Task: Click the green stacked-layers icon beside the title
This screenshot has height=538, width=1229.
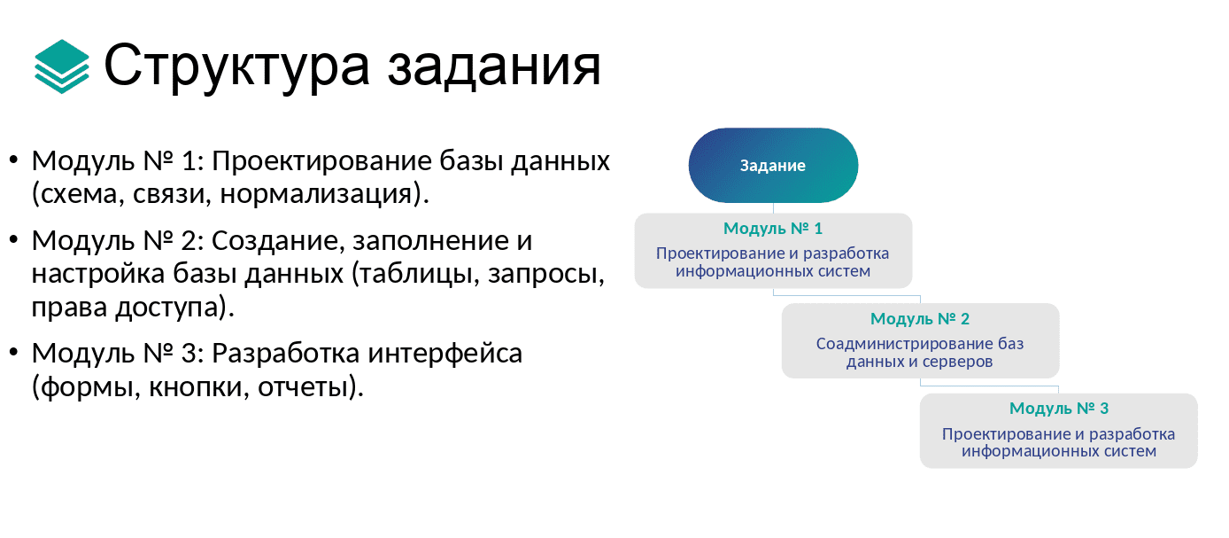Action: coord(62,66)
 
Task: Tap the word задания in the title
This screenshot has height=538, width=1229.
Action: coord(493,66)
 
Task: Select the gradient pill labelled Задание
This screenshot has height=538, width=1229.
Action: coord(773,166)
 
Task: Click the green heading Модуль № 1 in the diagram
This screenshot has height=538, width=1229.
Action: coord(773,229)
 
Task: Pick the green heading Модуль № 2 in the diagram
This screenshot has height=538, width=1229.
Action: coord(920,319)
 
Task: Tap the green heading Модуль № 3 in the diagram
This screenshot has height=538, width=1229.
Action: coord(1059,409)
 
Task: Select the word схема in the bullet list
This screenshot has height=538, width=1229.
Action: coord(78,193)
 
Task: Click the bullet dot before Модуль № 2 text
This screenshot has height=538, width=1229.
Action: coord(13,241)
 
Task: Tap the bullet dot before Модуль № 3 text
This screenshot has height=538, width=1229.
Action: coord(13,354)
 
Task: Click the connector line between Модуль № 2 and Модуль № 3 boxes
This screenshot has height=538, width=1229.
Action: coord(990,386)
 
